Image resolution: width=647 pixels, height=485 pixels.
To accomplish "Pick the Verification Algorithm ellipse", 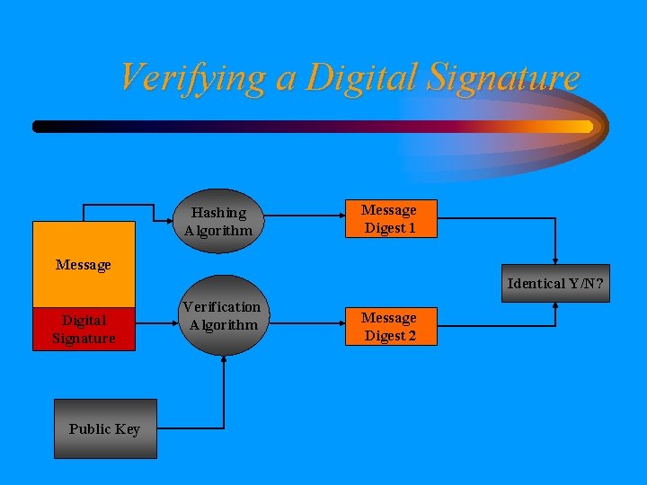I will click(221, 316).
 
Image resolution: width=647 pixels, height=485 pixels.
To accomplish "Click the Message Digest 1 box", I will click(389, 219).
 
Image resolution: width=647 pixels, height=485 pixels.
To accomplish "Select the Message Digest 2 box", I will click(389, 327).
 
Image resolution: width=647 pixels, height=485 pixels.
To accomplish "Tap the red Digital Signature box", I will click(84, 329).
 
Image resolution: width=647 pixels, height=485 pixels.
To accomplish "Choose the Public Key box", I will click(104, 429).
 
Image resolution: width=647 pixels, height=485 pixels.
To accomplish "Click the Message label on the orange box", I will click(84, 265).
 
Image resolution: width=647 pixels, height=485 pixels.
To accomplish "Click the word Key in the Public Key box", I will click(127, 429).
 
